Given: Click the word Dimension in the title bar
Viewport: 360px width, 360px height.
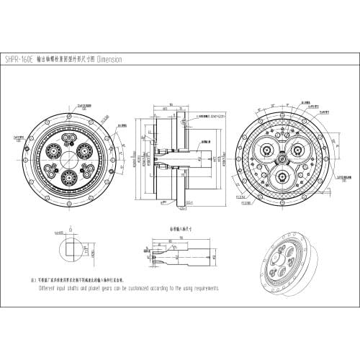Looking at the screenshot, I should [108, 59].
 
